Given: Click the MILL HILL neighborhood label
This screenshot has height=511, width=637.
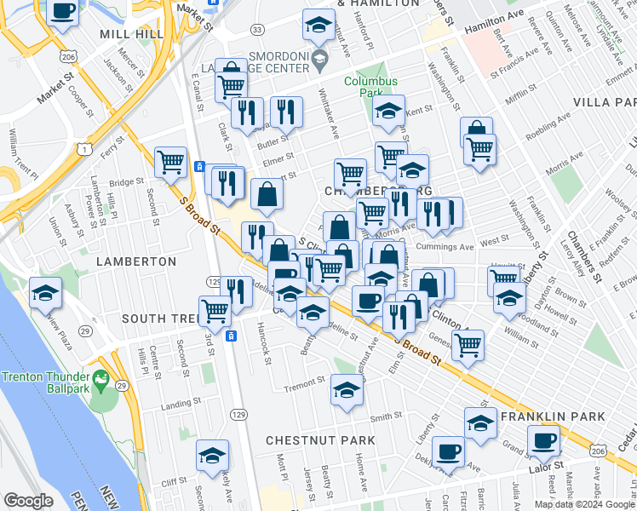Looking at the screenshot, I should pos(131,33).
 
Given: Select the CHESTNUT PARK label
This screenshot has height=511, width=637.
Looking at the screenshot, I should pos(319,440).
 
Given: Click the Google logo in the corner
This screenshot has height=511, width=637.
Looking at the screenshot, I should pos(28,501).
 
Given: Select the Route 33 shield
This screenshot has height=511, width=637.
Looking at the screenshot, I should pos(257,30).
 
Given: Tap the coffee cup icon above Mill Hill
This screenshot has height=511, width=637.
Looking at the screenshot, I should pos(63,12).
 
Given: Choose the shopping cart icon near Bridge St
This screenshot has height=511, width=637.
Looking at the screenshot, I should pos(171,160).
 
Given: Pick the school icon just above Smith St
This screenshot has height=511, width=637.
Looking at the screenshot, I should pos(347,390).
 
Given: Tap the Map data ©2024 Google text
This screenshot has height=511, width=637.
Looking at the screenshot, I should pos(583,504).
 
